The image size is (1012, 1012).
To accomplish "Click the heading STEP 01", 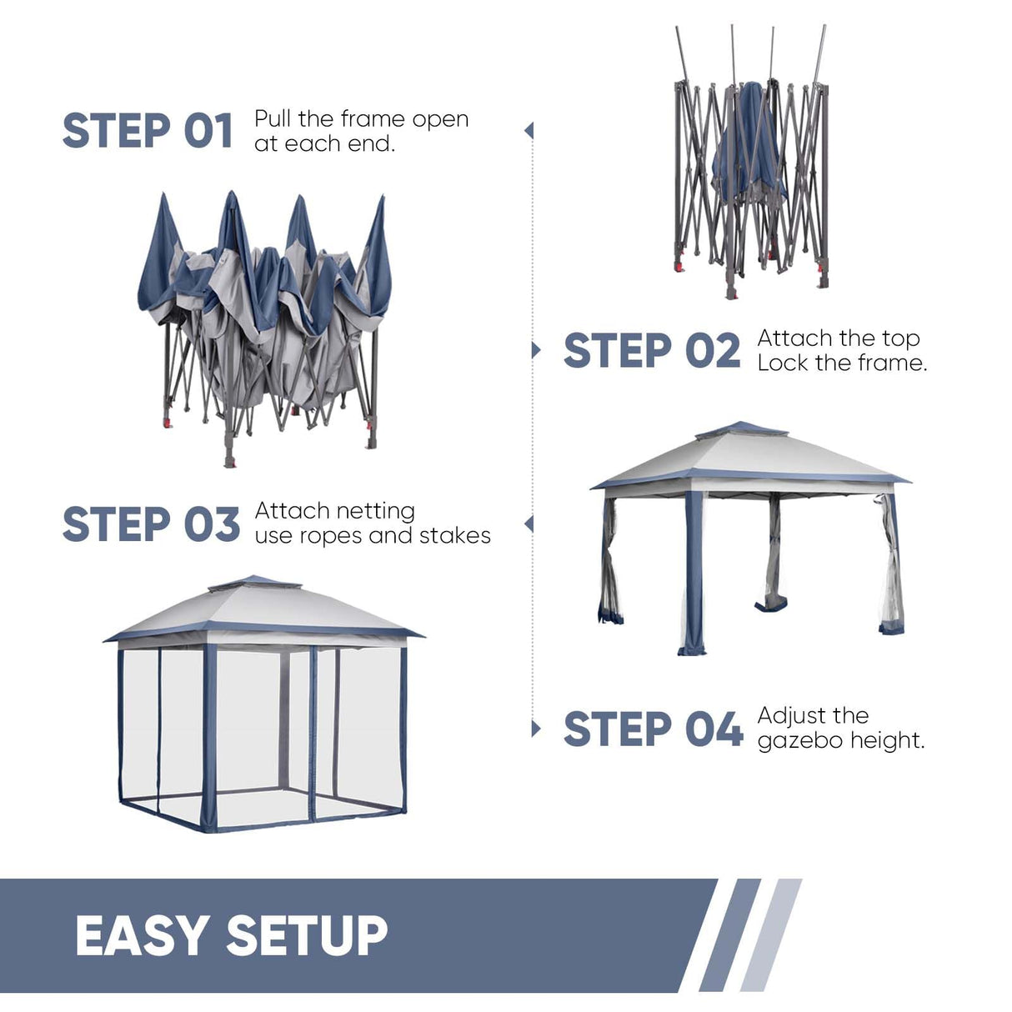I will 148,132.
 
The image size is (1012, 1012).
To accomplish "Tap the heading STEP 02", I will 651,351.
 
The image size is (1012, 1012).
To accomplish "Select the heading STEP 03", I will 151,525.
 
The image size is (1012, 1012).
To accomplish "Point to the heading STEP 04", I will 652,729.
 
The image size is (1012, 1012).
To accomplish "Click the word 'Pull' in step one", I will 273,119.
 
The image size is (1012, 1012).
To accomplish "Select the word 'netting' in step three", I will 383,511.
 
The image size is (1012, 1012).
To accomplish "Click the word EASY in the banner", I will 142,935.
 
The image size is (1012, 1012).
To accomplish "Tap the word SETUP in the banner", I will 307,935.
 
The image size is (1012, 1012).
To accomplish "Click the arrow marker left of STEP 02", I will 535,350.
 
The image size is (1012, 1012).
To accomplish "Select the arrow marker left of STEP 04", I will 535,729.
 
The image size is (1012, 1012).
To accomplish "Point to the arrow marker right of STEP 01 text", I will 529,131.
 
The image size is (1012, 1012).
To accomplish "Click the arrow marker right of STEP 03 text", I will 529,524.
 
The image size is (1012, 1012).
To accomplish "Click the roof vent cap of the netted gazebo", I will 254,583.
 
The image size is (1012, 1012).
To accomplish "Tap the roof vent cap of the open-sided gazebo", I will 742,430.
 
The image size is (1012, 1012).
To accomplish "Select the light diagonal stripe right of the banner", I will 772,935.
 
